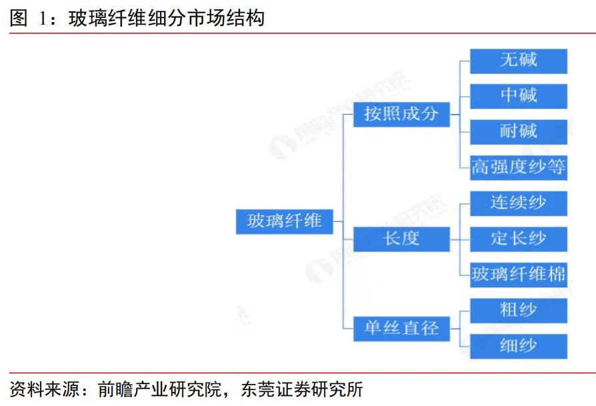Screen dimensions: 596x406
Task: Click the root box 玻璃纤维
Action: pos(284,221)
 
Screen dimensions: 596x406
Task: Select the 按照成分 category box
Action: pos(401,113)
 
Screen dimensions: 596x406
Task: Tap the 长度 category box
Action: pos(401,238)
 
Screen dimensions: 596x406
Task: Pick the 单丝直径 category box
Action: pos(401,327)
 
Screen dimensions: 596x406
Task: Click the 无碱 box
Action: pos(518,61)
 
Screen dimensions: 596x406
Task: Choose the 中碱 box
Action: pos(518,96)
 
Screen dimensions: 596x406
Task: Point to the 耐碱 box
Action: pos(518,131)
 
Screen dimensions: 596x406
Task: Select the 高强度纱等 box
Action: pos(518,167)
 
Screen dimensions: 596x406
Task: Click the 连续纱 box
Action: pos(518,203)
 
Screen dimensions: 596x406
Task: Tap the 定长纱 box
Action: pos(518,239)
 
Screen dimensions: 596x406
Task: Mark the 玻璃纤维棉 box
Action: pos(518,273)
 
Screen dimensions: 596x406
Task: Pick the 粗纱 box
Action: pos(518,310)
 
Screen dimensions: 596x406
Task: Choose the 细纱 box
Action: pos(518,345)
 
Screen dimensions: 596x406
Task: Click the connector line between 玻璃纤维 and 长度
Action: pos(343,230)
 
